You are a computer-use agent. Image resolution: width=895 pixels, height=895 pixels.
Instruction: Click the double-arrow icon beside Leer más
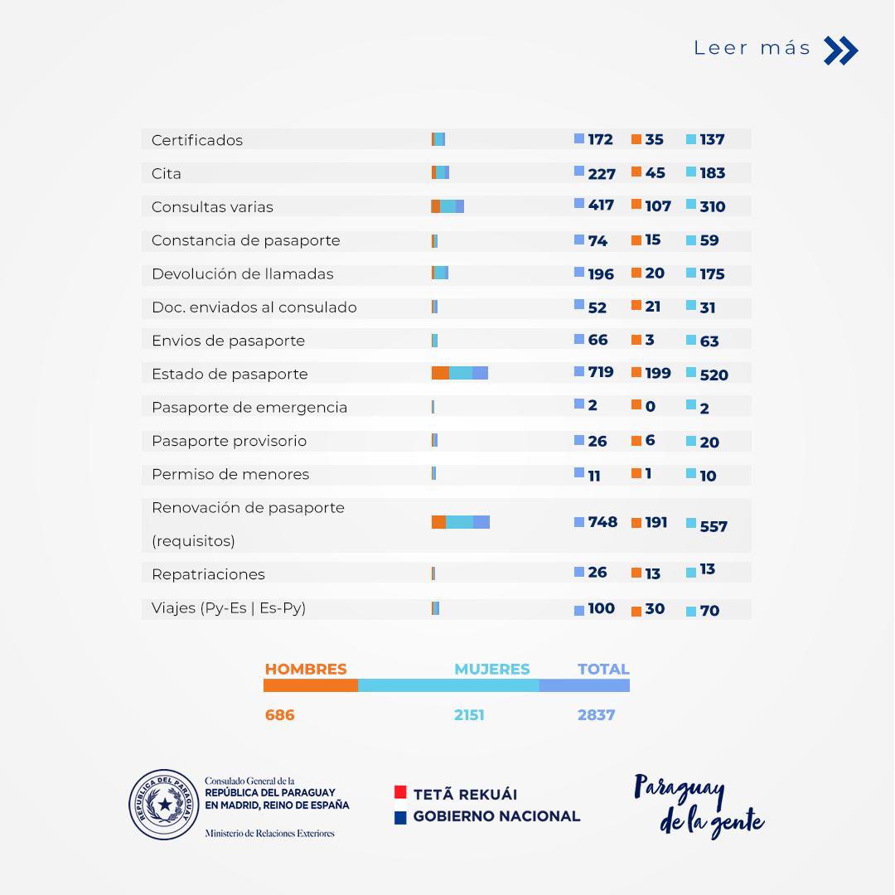coord(841,51)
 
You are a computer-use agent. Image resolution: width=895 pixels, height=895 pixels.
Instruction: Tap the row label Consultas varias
coord(212,207)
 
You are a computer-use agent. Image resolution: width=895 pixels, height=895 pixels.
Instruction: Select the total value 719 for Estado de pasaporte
coord(601,372)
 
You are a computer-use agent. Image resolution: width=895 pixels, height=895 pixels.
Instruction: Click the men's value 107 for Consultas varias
coord(658,206)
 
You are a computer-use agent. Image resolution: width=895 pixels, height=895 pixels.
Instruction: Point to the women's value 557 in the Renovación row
coord(714,526)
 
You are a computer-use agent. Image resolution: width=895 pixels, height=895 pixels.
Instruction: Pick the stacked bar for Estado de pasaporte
coord(460,373)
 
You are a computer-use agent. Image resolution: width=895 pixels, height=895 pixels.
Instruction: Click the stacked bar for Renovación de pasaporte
coord(461,522)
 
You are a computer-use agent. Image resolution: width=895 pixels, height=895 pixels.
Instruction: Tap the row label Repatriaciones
coord(208,574)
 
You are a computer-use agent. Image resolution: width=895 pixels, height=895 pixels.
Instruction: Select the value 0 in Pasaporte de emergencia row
coord(650,406)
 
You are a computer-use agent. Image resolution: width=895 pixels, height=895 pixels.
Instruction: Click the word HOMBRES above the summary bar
coord(306,669)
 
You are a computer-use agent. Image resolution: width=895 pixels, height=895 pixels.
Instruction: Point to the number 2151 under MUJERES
coord(469,714)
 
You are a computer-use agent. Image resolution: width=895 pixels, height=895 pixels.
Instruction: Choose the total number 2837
coord(596,714)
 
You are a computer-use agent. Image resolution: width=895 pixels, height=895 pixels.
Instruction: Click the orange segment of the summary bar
coord(311,685)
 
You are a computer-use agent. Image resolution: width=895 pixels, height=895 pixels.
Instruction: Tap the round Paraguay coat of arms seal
coord(164,804)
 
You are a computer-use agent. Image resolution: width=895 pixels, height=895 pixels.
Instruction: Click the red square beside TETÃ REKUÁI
coord(400,792)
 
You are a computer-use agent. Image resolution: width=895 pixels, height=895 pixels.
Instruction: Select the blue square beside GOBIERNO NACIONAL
coord(400,817)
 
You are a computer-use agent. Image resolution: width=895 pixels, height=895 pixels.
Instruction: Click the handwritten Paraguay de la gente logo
coord(699,805)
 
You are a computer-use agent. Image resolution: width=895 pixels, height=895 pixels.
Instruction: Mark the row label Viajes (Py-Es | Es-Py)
coord(229,607)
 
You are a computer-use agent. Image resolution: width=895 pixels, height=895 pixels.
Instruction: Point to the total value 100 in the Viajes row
coord(601,608)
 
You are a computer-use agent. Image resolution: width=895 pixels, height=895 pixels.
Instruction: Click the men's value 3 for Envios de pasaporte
coord(650,340)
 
